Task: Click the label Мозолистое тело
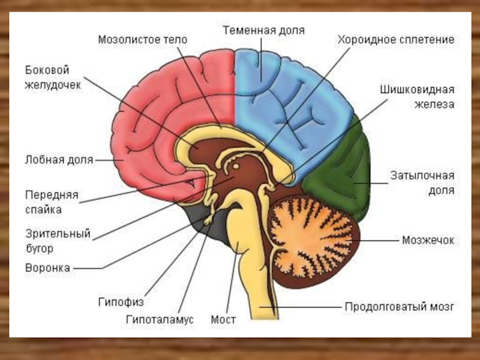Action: (143, 40)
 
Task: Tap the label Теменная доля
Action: (265, 29)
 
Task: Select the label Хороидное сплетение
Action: (396, 40)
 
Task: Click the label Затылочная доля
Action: (422, 183)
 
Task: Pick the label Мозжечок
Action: (428, 240)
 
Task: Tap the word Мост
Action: (223, 320)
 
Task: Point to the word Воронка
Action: (48, 268)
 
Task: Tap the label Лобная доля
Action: (59, 160)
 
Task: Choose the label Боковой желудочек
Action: (53, 77)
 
